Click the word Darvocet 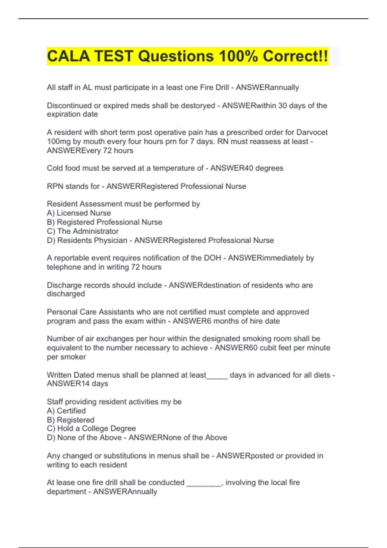(312, 132)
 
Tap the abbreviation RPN (55, 186)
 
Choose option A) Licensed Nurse (79, 213)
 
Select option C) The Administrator (83, 231)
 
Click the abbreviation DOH (213, 258)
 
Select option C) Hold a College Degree (91, 428)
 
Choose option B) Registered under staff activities (71, 420)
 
